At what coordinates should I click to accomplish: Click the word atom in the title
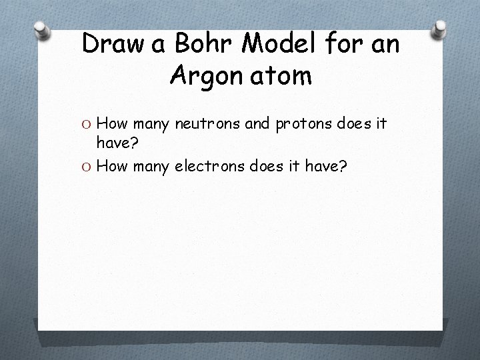pos(284,77)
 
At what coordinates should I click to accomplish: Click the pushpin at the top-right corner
pos(439,30)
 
